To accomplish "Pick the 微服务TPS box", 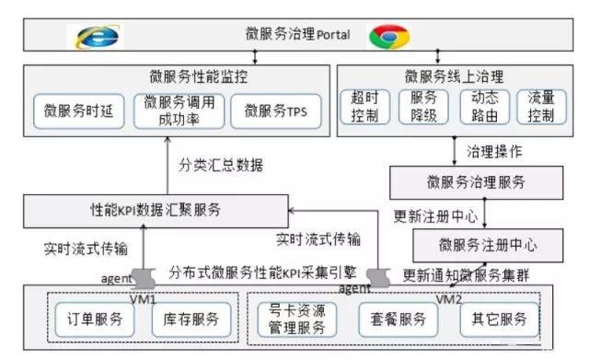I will (x=276, y=111).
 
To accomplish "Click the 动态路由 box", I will (x=484, y=108).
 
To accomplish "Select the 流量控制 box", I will (x=536, y=108).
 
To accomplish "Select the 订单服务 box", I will (x=88, y=319).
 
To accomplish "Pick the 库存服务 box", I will (x=186, y=319).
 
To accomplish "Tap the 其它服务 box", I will (x=500, y=319).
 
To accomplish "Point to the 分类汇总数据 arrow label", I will (x=220, y=166).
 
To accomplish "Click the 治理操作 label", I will (x=498, y=149).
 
